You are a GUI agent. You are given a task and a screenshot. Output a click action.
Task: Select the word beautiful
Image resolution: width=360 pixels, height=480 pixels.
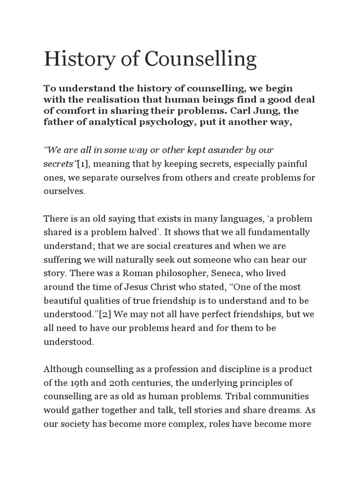pos(62,300)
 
